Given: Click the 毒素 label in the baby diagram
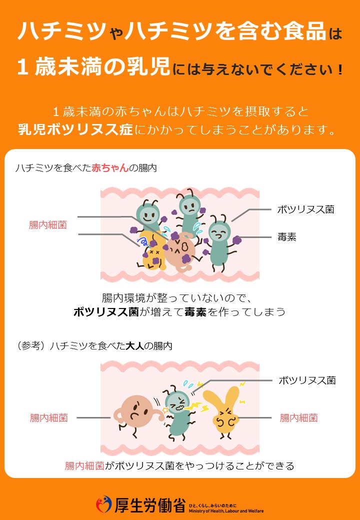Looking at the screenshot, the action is click(x=286, y=237).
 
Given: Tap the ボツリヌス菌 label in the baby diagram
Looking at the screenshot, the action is click(x=305, y=209).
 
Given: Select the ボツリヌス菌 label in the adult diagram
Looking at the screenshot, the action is click(x=307, y=380).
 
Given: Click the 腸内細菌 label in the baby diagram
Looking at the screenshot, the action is click(x=47, y=225).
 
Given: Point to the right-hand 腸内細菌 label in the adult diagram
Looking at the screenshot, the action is click(x=298, y=418).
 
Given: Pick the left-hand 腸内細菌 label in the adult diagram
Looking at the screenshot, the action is click(x=48, y=418).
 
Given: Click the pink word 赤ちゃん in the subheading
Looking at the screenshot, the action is click(x=110, y=168).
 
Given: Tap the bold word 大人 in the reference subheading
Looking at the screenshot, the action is click(x=135, y=346).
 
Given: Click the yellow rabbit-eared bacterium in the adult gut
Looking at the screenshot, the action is click(x=221, y=410).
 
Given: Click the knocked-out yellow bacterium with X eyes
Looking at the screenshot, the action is click(x=153, y=252).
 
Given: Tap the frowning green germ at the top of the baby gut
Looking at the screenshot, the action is click(x=190, y=212).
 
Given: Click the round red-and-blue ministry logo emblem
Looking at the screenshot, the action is click(x=104, y=504).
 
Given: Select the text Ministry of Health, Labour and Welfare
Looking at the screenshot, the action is click(x=226, y=511).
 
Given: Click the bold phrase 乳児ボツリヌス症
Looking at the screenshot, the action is click(x=75, y=129).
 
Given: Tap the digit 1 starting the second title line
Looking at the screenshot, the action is click(x=22, y=66).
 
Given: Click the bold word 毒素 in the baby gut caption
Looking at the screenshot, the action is click(x=195, y=311).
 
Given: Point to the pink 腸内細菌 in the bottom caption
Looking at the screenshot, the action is click(x=84, y=466).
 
